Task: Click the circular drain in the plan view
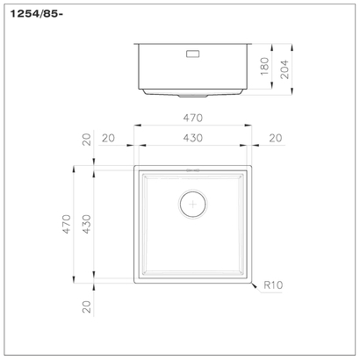point(191,203)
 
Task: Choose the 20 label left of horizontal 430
point(110,138)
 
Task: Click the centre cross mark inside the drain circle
point(191,203)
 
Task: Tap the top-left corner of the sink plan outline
point(134,165)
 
